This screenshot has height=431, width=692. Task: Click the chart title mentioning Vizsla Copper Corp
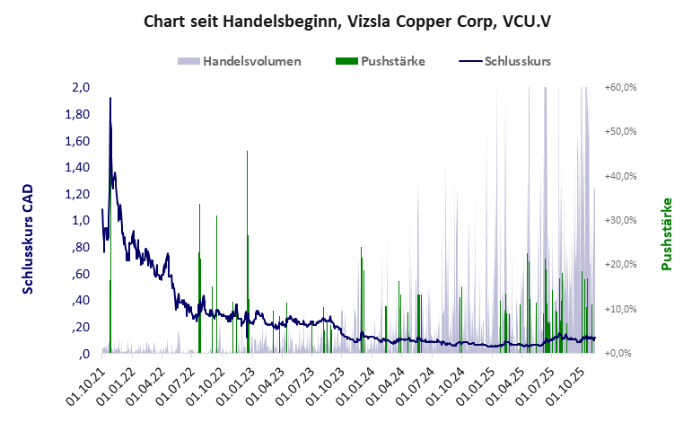[x=346, y=21]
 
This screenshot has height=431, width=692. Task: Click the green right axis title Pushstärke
[x=667, y=233]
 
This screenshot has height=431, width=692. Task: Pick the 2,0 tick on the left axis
[x=81, y=88]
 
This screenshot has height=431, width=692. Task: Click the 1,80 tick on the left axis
[x=78, y=115]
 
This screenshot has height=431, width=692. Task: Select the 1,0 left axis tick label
[x=81, y=220]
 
